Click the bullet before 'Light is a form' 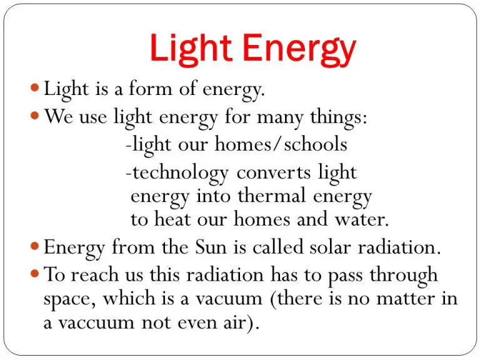point(36,88)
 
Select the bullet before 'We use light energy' point(36,116)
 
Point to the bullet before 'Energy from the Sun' point(36,246)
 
